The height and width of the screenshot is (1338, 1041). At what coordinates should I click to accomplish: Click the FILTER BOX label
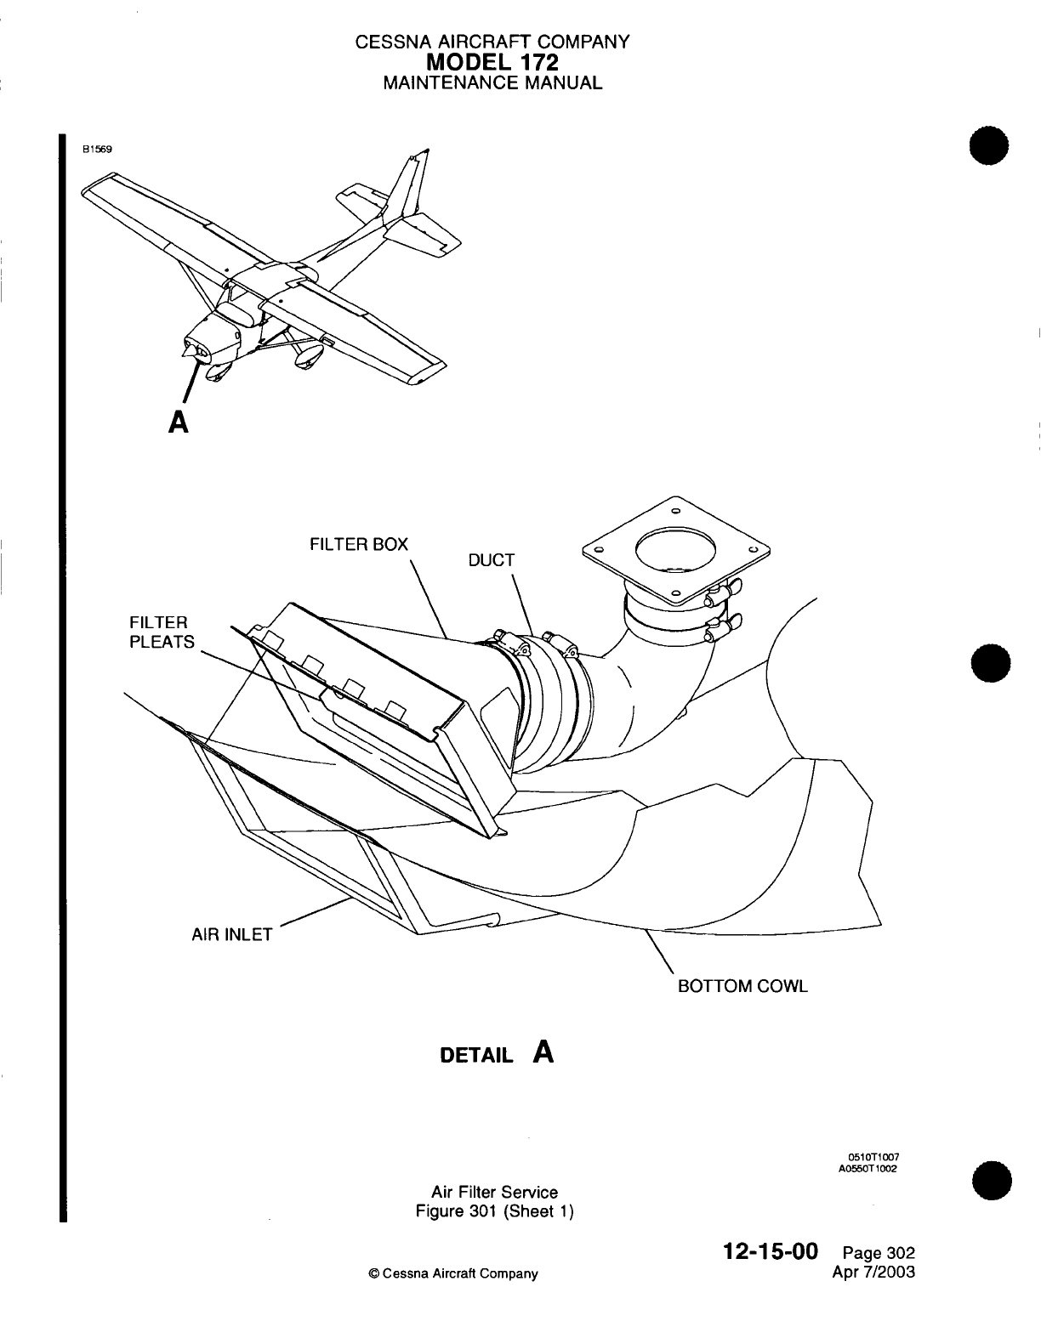tap(358, 544)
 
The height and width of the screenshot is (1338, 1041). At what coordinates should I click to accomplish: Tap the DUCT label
tap(492, 560)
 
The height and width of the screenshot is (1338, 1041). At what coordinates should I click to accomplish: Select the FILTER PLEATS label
tap(162, 632)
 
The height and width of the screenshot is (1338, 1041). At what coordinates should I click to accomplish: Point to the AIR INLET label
tap(230, 935)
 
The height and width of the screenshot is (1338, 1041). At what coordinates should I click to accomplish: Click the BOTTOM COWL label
tap(742, 986)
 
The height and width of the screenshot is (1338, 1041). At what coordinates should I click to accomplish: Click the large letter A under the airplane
tap(178, 422)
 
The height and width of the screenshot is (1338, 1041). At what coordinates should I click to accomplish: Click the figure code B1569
tap(97, 147)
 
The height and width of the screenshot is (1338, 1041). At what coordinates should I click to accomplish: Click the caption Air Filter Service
tap(494, 1192)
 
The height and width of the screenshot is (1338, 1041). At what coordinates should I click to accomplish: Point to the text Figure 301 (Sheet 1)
tap(494, 1210)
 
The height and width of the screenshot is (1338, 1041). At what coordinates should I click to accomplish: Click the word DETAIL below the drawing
tap(476, 1056)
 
